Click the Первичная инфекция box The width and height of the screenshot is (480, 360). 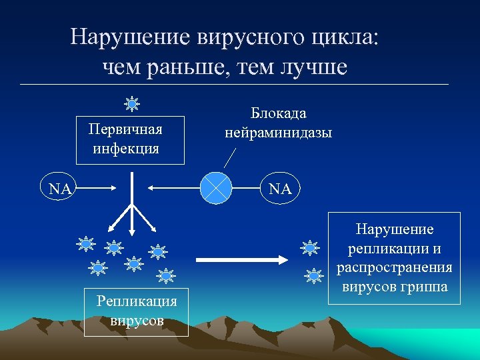[126, 137]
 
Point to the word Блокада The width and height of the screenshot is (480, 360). [278, 114]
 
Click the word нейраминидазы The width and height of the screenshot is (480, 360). [278, 133]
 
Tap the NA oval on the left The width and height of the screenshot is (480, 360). [61, 189]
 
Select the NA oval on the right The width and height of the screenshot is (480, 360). [280, 189]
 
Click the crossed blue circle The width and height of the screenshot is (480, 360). [217, 188]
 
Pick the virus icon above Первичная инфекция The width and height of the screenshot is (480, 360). [133, 104]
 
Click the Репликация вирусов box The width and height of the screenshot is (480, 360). [137, 311]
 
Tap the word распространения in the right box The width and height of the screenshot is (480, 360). [395, 268]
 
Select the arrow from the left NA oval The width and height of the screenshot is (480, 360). [101, 189]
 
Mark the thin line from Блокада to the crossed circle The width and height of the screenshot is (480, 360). [230, 157]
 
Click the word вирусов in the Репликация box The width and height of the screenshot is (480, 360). [137, 321]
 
